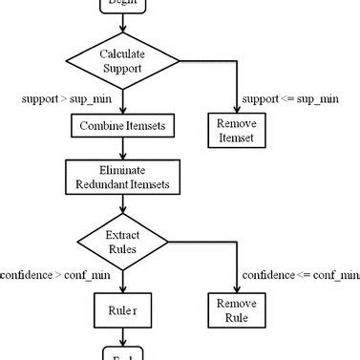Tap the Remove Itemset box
(236, 130)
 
